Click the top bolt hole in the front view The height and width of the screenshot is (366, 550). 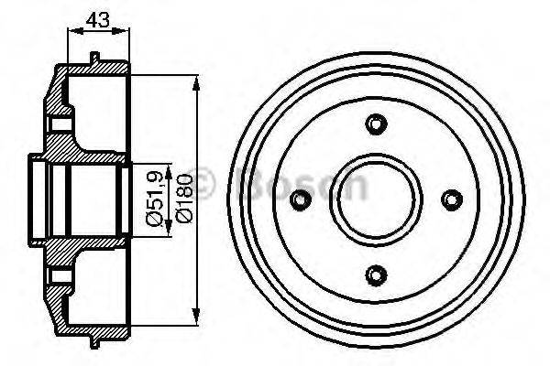point(373,124)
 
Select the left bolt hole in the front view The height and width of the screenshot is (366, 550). point(298,199)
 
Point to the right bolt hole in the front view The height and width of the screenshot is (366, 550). point(449,199)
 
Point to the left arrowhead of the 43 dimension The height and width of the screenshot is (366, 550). point(71,31)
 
